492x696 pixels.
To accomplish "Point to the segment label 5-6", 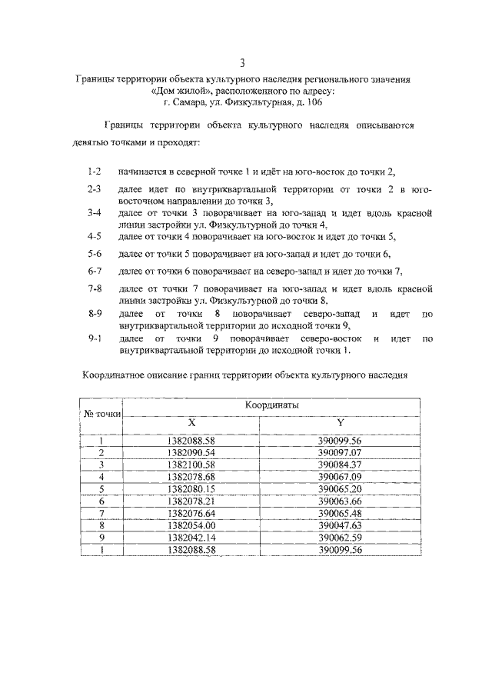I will coord(95,253).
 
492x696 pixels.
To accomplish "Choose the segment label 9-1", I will coord(95,338).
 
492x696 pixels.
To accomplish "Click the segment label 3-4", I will coord(95,212).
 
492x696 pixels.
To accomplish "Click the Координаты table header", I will coord(272,405).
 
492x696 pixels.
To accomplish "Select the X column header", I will coord(192,422).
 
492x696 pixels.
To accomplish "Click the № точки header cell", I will coord(102,414).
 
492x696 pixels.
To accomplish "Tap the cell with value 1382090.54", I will coord(192,452).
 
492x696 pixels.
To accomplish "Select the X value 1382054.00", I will coord(192,524).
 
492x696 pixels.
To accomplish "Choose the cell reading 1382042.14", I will coord(192,537).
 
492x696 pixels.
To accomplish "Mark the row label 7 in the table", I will coord(101,512).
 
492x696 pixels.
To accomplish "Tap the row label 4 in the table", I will coord(101,477).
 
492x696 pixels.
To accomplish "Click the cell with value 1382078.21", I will coord(192,501).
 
